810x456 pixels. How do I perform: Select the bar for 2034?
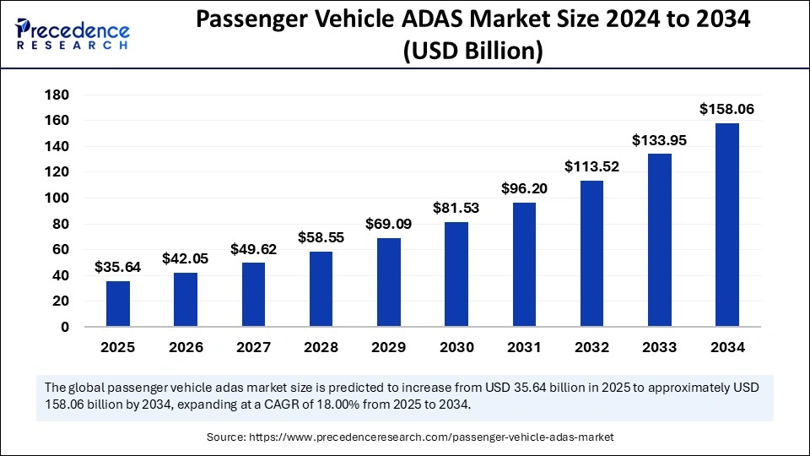coord(727,225)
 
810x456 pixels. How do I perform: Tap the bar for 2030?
coord(456,274)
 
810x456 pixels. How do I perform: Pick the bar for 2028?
coord(321,289)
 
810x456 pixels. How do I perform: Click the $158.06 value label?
coord(727,109)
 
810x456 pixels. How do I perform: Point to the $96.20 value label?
coord(524,188)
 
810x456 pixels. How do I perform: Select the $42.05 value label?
coord(186,258)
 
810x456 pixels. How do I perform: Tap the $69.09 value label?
coord(389,224)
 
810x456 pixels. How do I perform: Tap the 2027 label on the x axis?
coord(253,347)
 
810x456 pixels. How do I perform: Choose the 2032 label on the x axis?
coord(591,347)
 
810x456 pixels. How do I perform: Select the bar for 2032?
coord(591,253)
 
